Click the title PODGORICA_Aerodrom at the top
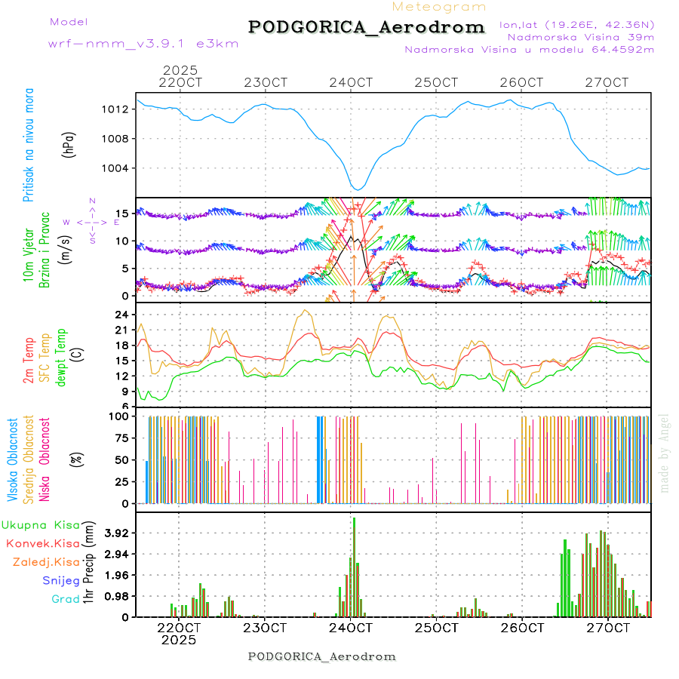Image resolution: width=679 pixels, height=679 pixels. point(366,27)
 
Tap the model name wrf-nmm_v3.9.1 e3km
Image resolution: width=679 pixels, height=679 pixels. point(143,44)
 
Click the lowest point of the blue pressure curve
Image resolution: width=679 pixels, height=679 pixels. point(359,189)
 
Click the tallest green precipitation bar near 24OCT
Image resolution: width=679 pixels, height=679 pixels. point(354,567)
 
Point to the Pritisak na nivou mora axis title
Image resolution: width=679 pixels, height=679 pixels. point(29,146)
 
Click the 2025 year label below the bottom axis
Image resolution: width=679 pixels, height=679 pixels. point(179,640)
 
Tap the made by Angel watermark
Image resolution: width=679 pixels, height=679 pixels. point(665,453)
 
